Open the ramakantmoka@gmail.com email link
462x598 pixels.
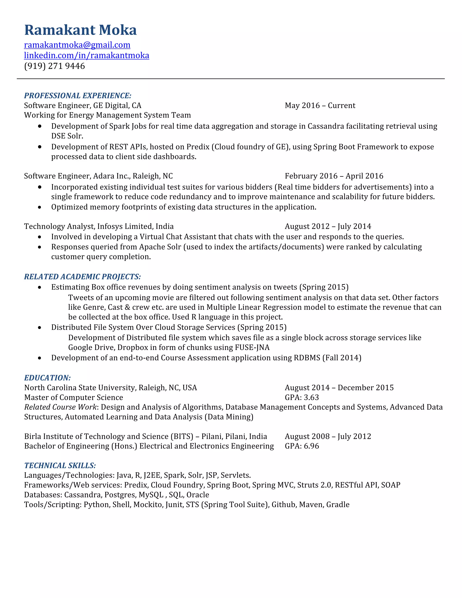77,45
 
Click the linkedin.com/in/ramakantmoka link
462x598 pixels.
86,55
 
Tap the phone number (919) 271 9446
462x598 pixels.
54,66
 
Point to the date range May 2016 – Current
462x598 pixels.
320,105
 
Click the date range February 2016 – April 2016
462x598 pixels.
334,176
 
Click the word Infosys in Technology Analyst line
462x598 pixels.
109,226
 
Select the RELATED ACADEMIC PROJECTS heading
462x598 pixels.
82,277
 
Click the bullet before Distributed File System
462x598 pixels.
40,327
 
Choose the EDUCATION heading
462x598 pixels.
47,378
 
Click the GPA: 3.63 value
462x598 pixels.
302,397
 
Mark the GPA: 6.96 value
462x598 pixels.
302,446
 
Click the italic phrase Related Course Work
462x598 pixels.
60,407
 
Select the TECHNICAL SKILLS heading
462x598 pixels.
60,466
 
